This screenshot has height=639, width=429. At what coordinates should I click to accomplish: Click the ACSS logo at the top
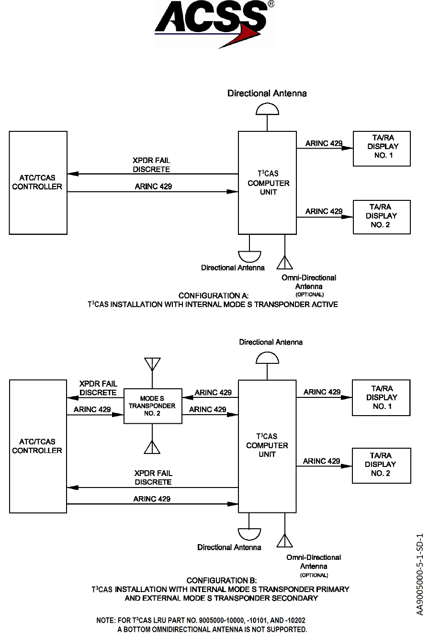point(214,24)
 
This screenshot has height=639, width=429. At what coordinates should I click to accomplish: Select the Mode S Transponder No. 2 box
point(153,406)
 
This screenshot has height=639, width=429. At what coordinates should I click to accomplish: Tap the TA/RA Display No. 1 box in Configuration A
point(382,149)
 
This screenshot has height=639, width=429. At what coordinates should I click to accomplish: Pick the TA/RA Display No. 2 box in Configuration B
point(381,465)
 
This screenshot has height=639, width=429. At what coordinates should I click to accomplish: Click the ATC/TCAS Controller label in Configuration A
point(37,183)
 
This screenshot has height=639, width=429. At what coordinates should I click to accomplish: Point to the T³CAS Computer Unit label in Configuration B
point(267,445)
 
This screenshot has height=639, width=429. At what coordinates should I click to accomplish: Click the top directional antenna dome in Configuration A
point(267,110)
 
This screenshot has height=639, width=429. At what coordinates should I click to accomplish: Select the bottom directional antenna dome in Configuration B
point(249,534)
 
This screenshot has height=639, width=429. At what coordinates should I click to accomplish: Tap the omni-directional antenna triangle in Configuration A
point(285,262)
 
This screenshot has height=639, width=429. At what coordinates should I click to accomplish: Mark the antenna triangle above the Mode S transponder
point(152,364)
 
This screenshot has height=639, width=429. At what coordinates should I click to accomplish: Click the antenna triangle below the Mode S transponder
point(152,447)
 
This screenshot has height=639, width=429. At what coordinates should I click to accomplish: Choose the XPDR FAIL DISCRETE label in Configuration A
point(152,165)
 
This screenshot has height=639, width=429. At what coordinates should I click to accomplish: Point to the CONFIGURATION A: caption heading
point(214,295)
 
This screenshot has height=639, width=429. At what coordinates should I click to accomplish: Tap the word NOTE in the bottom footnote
point(105,620)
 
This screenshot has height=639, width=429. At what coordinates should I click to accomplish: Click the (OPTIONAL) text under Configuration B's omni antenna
point(314,575)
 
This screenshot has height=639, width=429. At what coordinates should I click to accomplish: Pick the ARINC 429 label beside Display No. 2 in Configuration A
point(324,211)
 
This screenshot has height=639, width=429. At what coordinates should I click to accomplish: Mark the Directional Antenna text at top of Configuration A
point(267,93)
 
